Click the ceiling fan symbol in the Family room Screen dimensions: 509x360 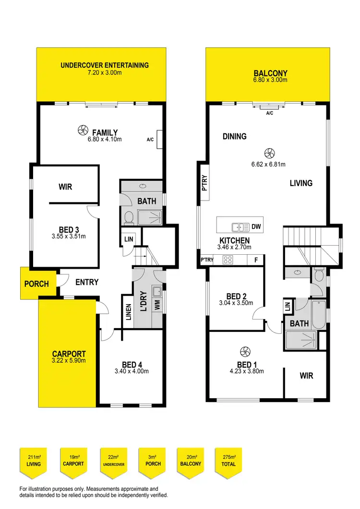tap(82, 130)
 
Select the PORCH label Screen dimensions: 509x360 tap(36, 284)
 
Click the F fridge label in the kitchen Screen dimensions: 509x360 tap(255, 260)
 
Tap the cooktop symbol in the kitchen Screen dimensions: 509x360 tap(228, 260)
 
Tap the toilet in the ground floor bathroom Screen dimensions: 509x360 tap(129, 219)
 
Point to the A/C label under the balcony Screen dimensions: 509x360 tap(269, 113)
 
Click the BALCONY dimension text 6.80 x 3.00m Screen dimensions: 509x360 tap(270, 80)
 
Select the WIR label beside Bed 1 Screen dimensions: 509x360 tap(306, 375)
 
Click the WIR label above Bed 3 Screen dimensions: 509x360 tap(65, 187)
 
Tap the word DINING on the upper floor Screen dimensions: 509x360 tap(235, 136)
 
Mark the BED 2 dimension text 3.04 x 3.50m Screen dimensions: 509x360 tap(239, 303)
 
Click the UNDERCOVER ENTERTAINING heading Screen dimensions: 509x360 tap(105, 65)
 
